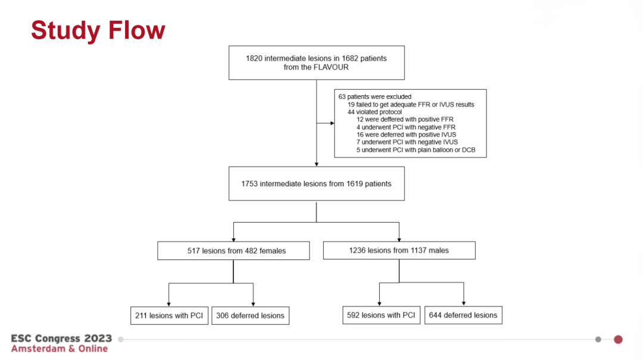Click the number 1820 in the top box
pyautogui.click(x=254, y=58)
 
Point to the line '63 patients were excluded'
pyautogui.click(x=375, y=97)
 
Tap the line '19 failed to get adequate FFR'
pyautogui.click(x=411, y=105)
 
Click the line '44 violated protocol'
pyautogui.click(x=374, y=112)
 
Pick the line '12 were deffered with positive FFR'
pyautogui.click(x=405, y=120)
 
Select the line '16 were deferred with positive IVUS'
pyautogui.click(x=406, y=134)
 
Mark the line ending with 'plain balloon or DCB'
pyautogui.click(x=416, y=150)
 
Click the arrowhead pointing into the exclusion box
pyautogui.click(x=332, y=123)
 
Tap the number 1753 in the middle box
pyautogui.click(x=249, y=184)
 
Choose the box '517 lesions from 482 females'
pyautogui.click(x=233, y=251)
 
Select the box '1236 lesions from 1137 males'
pyautogui.click(x=399, y=250)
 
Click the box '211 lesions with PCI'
pyautogui.click(x=169, y=316)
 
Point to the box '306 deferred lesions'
pyautogui.click(x=250, y=316)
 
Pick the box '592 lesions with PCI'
pyautogui.click(x=381, y=315)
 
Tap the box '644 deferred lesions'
pyautogui.click(x=463, y=315)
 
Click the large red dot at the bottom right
pyautogui.click(x=618, y=340)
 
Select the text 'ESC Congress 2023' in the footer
pyautogui.click(x=61, y=338)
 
